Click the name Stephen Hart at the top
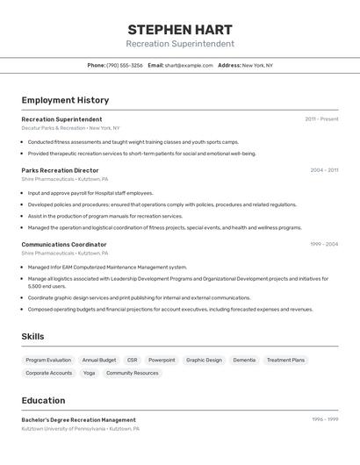[180, 29]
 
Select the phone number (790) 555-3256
[125, 65]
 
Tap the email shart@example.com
[189, 65]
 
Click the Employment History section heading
[65, 100]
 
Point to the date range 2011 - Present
[321, 119]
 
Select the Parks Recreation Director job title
[60, 170]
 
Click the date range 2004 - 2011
[324, 170]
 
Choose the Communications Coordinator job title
[64, 244]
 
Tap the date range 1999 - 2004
[324, 244]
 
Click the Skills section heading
[32, 336]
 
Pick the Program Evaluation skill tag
[48, 360]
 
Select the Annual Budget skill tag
[99, 360]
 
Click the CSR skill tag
[132, 360]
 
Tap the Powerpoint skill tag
[162, 360]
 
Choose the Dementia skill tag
[244, 360]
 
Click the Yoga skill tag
[89, 373]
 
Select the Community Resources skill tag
[133, 373]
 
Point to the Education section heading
[43, 400]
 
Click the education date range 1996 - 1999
[325, 419]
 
